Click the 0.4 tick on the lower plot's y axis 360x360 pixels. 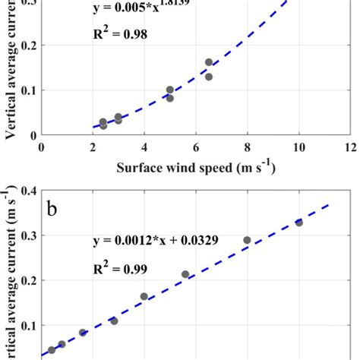pyautogui.click(x=27, y=191)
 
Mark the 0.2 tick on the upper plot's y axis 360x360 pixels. pyautogui.click(x=27, y=46)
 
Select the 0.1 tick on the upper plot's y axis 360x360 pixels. pyautogui.click(x=27, y=90)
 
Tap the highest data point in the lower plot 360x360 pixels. pyautogui.click(x=298, y=223)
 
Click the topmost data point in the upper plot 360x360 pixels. pyautogui.click(x=209, y=62)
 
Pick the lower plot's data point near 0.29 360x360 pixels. pyautogui.click(x=247, y=240)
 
